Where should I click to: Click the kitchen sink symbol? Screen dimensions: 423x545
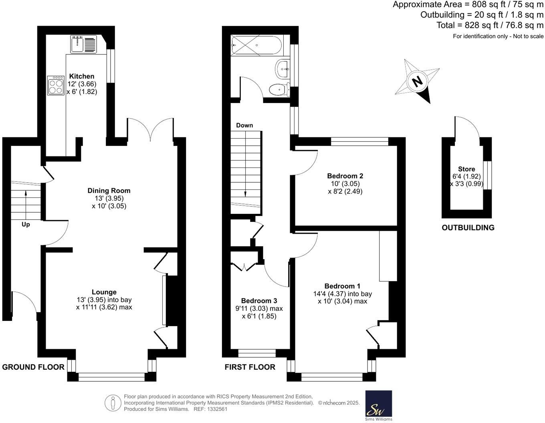point(83,44)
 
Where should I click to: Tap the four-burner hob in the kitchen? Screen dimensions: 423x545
point(56,86)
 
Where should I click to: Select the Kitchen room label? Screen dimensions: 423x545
point(82,76)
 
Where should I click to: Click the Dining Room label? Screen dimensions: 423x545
point(109,191)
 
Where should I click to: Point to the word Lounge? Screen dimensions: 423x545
point(104,292)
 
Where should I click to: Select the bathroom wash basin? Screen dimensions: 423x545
point(283,69)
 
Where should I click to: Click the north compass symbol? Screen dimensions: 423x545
point(417,82)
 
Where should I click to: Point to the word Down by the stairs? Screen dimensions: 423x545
point(244,125)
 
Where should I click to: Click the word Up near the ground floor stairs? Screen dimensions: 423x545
point(26,225)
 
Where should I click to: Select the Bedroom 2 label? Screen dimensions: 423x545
point(345,176)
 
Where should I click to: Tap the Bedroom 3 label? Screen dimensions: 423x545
point(259,301)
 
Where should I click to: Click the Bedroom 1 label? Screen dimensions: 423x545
point(342,286)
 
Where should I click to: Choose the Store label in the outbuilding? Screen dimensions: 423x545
point(466,169)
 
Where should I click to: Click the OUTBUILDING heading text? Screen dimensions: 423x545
point(468,228)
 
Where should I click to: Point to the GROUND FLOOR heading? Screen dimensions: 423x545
point(33,367)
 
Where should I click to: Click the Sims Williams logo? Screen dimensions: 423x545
point(379,405)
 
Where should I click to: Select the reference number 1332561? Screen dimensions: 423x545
point(216,409)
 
